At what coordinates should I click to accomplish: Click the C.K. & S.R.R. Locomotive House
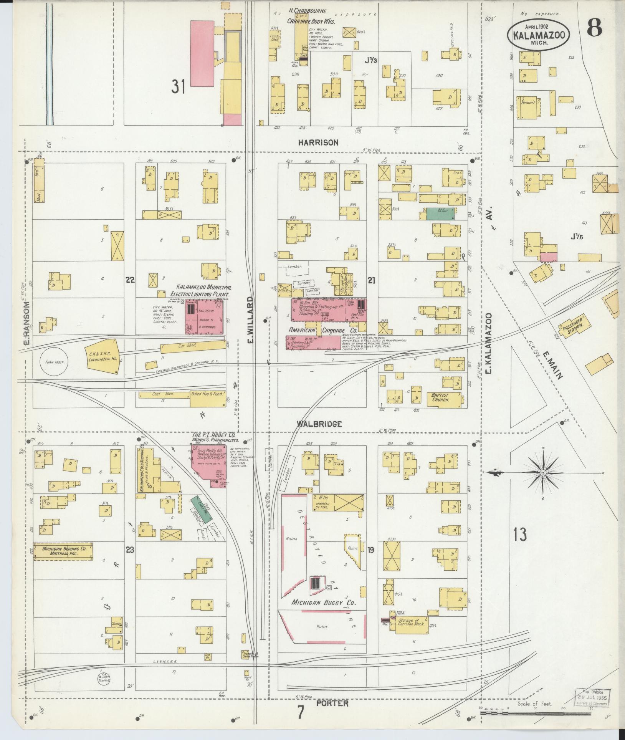(x=102, y=356)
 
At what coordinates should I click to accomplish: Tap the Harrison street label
(x=318, y=142)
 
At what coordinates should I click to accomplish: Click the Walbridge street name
(x=319, y=424)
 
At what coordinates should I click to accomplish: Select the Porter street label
(x=332, y=703)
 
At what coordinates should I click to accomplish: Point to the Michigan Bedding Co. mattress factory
(x=63, y=552)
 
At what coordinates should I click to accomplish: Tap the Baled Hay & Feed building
(x=208, y=399)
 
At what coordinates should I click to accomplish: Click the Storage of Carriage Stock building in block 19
(x=409, y=623)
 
